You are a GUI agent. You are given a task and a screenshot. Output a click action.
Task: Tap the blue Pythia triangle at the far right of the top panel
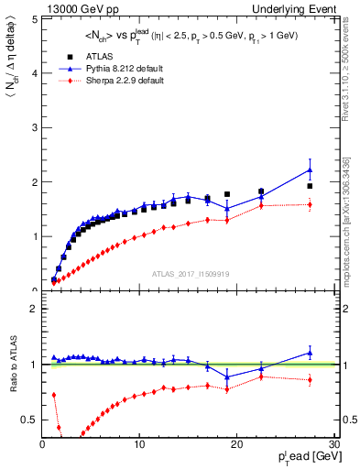click(x=310, y=169)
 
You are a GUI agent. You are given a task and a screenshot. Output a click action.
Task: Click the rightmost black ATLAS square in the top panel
click(x=310, y=186)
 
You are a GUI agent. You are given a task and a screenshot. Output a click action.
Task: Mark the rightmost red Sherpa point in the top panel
click(x=310, y=204)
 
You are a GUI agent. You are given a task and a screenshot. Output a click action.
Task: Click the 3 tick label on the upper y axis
click(x=34, y=127)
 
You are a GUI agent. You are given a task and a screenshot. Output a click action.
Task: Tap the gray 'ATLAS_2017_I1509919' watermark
click(x=190, y=273)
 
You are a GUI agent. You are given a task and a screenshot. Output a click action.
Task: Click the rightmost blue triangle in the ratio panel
click(x=310, y=353)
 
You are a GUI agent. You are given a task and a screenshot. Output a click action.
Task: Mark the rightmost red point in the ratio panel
click(x=310, y=379)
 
